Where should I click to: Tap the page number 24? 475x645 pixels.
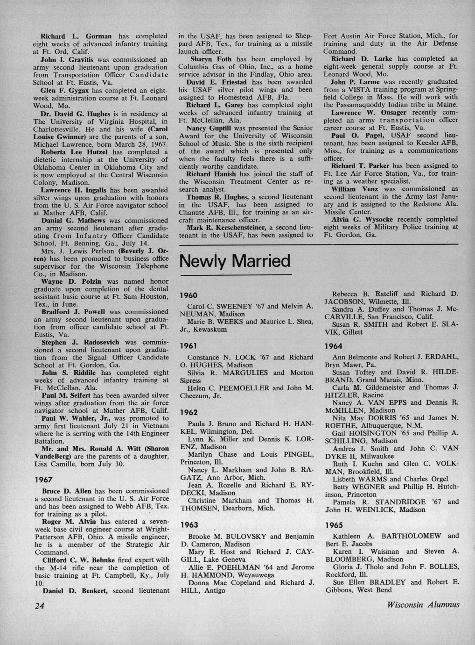39,605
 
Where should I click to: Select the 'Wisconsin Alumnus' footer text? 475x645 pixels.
423,604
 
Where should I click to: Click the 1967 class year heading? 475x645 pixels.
44,480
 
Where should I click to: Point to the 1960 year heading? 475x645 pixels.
189,295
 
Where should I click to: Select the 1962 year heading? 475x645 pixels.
189,412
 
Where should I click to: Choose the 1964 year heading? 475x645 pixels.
334,346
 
